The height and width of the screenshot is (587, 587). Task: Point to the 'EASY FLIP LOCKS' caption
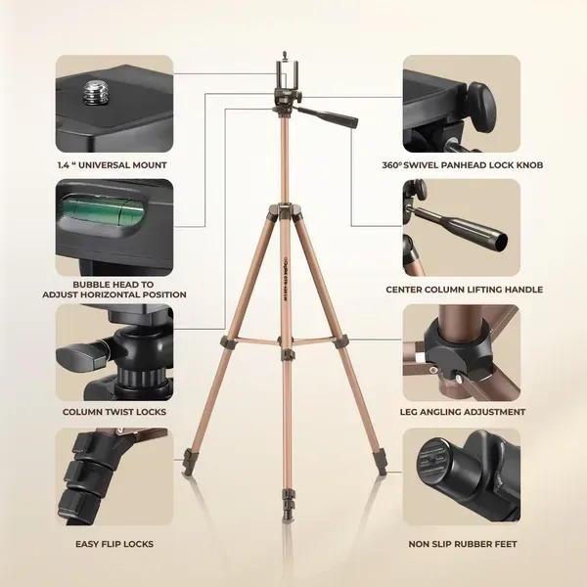tap(114, 544)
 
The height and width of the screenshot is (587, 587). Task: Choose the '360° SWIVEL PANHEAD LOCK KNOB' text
tap(463, 165)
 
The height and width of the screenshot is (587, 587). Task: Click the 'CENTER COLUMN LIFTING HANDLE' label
tap(464, 290)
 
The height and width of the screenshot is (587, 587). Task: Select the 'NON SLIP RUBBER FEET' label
tap(463, 544)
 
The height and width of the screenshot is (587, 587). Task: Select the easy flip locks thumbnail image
tap(114, 479)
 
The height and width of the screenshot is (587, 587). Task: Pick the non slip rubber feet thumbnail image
tap(464, 479)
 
